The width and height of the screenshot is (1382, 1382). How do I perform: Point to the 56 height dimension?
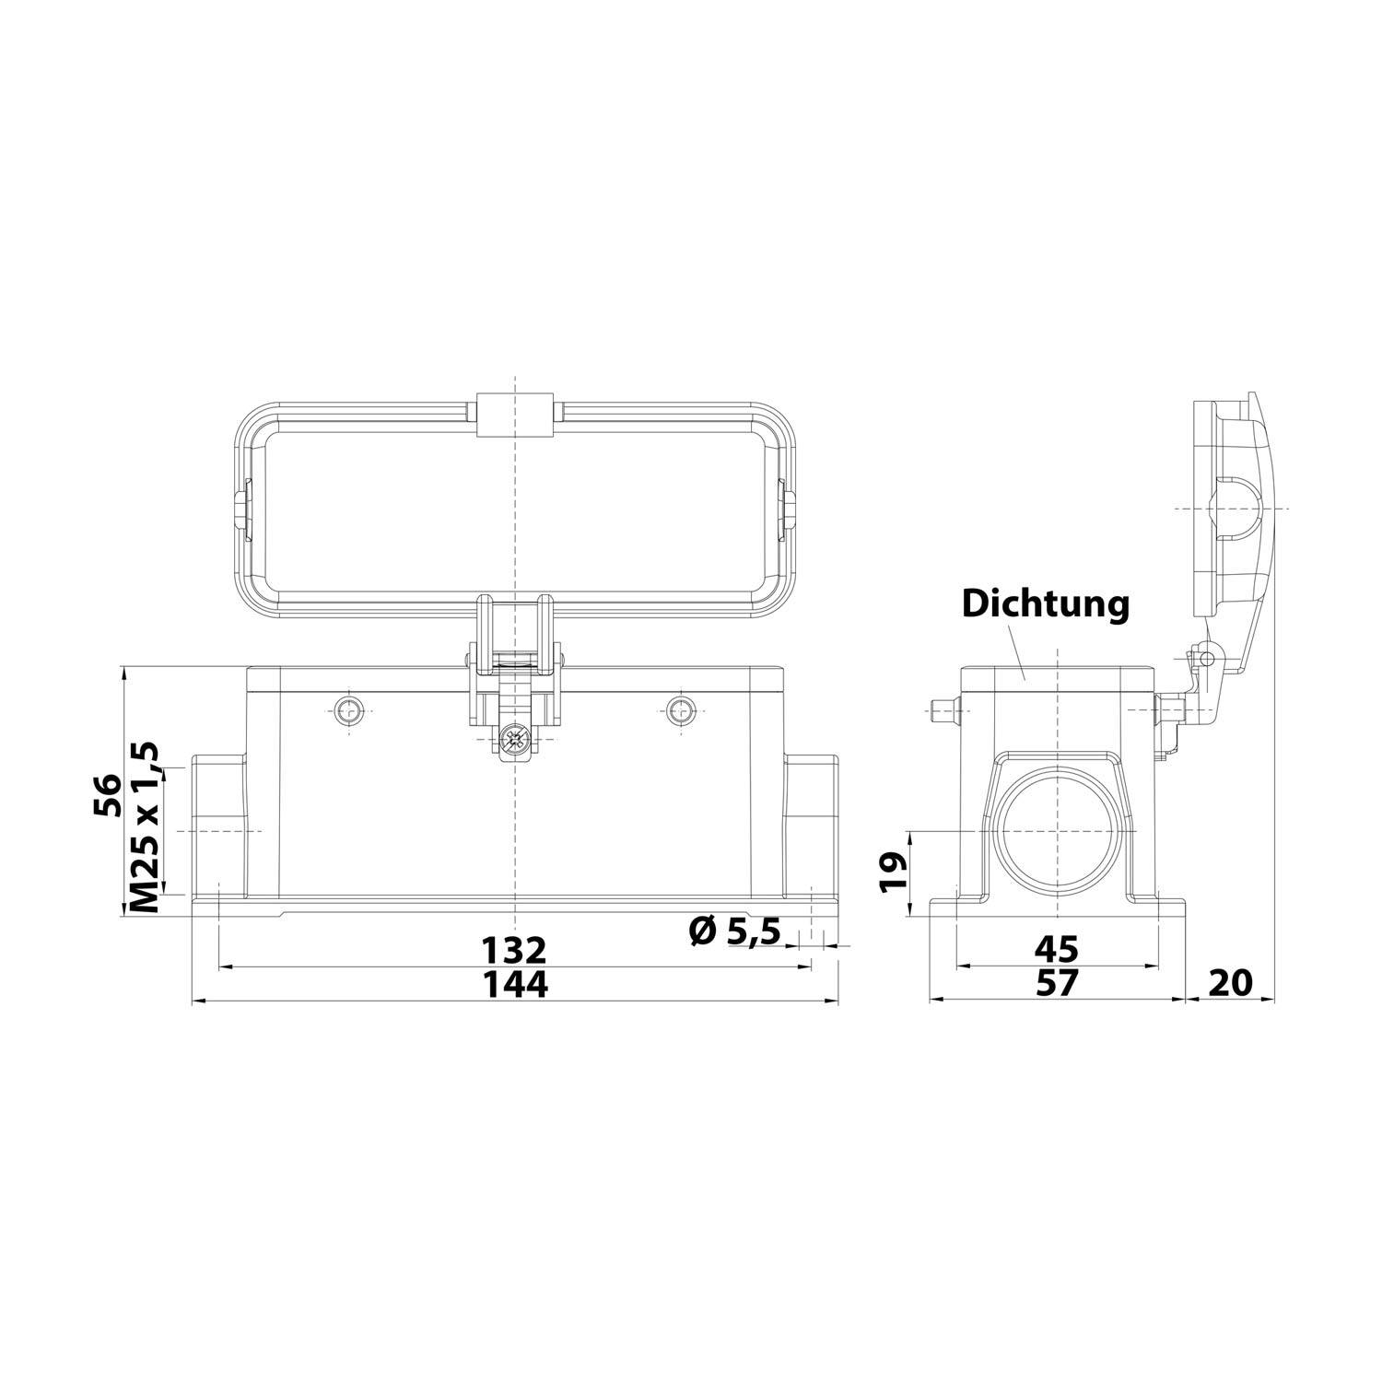coord(107,794)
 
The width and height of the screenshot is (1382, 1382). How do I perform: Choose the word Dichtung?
coord(1045,604)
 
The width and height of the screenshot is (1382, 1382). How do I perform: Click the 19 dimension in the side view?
coord(893,871)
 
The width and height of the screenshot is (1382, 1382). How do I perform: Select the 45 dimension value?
coord(1056,948)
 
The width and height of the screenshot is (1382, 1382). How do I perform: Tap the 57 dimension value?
coord(1056,983)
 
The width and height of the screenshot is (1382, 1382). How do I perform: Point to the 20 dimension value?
coord(1230,983)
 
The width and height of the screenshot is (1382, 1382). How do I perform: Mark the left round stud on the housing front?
coord(349,709)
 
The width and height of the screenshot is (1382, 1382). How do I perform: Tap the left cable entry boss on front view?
coord(218,826)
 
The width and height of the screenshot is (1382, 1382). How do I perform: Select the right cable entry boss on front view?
coord(811,826)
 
